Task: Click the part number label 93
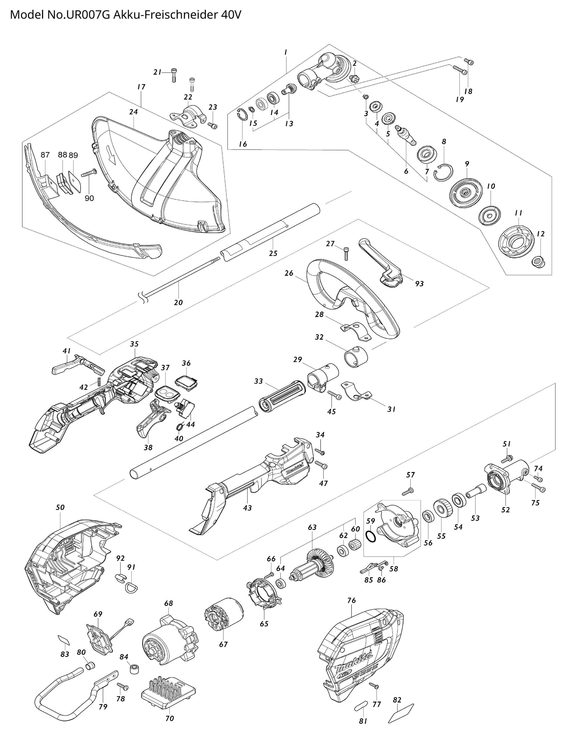[419, 284]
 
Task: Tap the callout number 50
[60, 507]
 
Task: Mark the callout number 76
[351, 600]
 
